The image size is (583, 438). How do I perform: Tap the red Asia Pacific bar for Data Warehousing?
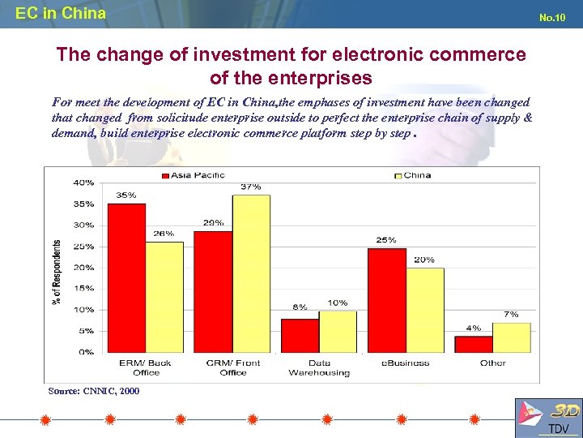(x=300, y=335)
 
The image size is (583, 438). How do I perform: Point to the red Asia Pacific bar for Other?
(x=474, y=344)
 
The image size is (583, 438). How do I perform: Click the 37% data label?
(x=250, y=187)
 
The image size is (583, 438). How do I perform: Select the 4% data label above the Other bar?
(x=473, y=328)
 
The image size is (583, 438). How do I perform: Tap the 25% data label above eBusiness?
(x=386, y=240)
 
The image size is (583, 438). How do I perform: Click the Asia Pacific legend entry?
(x=193, y=175)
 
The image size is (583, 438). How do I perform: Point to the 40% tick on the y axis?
(x=83, y=182)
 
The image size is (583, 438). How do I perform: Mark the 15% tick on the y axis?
(x=83, y=288)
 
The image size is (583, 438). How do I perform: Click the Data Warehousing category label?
(x=319, y=367)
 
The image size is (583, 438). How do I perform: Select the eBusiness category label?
(x=405, y=363)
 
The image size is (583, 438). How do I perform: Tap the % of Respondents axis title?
(x=57, y=272)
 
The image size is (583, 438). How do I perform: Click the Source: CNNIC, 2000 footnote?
(x=94, y=391)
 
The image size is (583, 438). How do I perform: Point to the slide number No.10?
(x=551, y=18)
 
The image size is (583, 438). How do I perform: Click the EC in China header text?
(x=61, y=13)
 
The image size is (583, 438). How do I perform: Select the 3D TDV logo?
(x=547, y=417)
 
